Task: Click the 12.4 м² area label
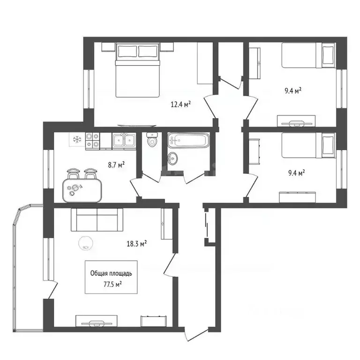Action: click(180, 104)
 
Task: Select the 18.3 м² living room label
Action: click(137, 243)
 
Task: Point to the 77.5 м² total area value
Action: click(111, 284)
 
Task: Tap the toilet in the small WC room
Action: click(152, 140)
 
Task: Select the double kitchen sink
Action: click(124, 140)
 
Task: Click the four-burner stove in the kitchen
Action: click(92, 140)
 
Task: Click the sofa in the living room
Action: click(97, 220)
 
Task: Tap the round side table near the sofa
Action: click(86, 242)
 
